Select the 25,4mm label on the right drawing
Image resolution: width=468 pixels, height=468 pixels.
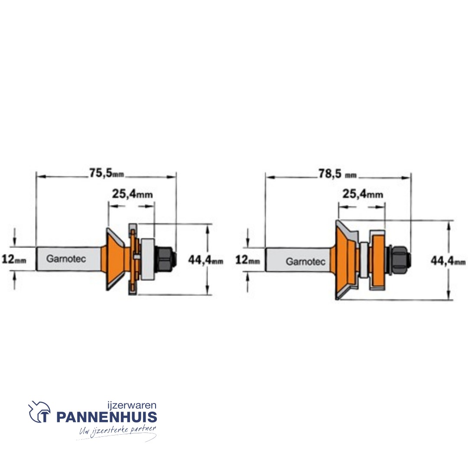(x=363, y=194)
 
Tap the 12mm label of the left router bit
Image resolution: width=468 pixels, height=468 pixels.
(x=14, y=260)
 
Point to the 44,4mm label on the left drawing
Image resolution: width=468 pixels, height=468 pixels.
(x=206, y=260)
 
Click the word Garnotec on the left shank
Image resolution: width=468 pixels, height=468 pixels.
(x=66, y=259)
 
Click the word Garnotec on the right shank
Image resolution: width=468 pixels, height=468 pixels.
(x=305, y=261)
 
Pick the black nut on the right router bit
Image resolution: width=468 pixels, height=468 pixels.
(x=400, y=260)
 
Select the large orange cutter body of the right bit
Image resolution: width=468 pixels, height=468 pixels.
(x=344, y=260)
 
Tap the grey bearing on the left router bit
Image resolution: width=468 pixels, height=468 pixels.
(x=147, y=259)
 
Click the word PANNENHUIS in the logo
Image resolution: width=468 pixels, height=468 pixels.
(x=107, y=417)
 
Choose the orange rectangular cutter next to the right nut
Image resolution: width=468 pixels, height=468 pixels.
(x=377, y=260)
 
